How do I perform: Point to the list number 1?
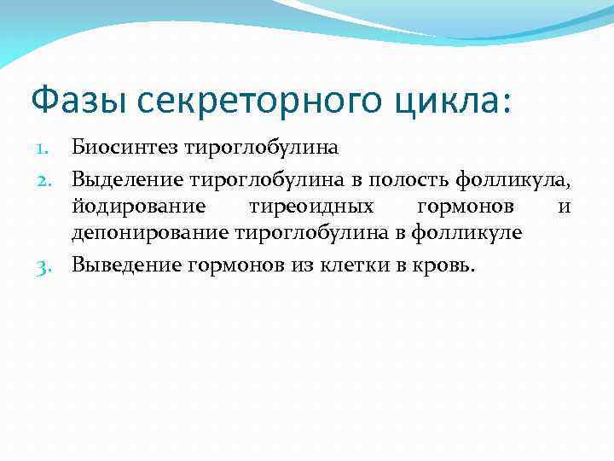[50, 148]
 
